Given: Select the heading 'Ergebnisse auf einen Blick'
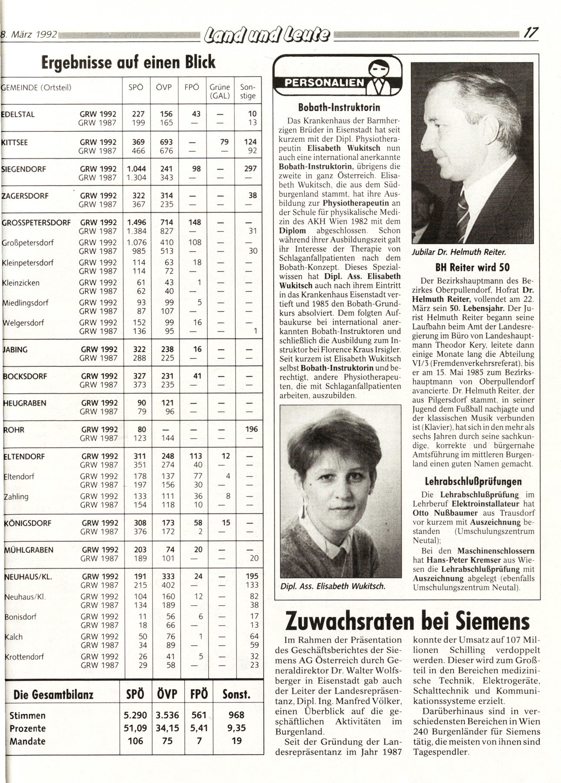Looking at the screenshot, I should click(128, 62).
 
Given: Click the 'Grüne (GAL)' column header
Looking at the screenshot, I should click(220, 91).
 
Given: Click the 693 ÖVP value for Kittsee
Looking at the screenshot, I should click(166, 142).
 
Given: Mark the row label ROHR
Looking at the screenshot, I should click(14, 430).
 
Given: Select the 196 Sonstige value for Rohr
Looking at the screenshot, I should click(251, 429).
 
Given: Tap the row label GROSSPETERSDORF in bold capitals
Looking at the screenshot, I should click(37, 222).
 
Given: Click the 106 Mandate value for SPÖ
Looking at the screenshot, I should click(135, 741).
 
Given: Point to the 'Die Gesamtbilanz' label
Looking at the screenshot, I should click(54, 695).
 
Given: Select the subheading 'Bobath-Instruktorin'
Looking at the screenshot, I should click(339, 107).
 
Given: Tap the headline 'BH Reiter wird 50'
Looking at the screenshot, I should click(472, 267).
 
